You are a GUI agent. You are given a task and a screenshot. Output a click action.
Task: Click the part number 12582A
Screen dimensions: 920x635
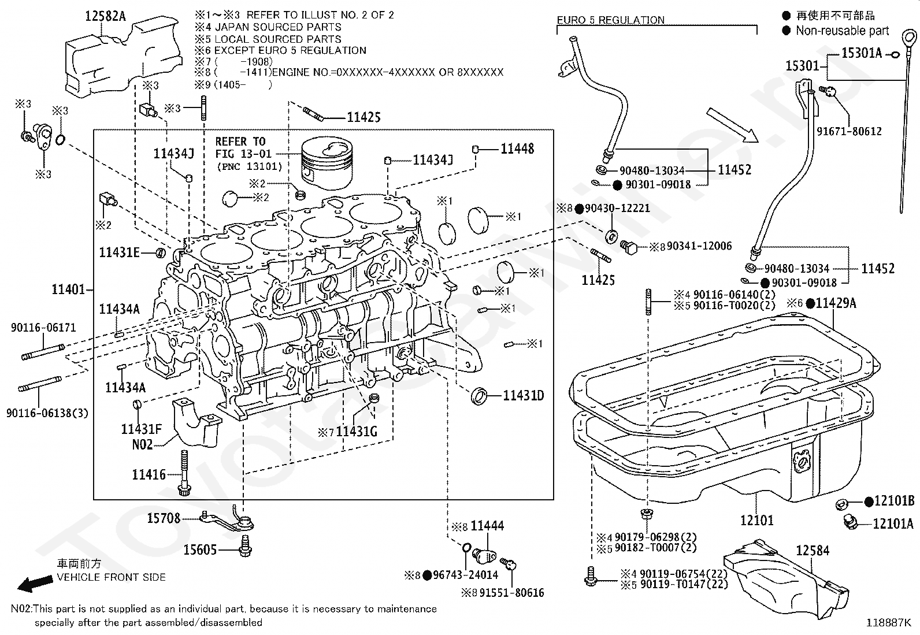pyautogui.click(x=105, y=16)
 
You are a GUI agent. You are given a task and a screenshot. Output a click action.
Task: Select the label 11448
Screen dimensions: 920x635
pyautogui.click(x=517, y=148)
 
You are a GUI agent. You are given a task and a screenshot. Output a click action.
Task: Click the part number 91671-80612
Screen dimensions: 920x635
pyautogui.click(x=849, y=131)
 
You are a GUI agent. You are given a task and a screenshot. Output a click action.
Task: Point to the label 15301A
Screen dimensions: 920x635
pyautogui.click(x=862, y=53)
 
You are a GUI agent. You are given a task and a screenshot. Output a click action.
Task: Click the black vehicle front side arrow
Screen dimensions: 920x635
pyautogui.click(x=35, y=584)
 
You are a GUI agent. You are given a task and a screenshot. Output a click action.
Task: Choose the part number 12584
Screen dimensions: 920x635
pyautogui.click(x=813, y=551)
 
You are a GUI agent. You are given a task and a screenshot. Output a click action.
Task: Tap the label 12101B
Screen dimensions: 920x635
pyautogui.click(x=894, y=501)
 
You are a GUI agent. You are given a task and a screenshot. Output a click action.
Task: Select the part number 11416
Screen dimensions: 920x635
pyautogui.click(x=149, y=475)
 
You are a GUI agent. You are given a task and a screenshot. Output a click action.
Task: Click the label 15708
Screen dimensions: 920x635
pyautogui.click(x=164, y=518)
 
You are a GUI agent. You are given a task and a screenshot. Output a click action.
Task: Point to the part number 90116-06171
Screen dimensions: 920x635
pyautogui.click(x=43, y=328)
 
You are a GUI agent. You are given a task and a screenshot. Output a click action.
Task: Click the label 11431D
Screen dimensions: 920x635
pyautogui.click(x=523, y=396)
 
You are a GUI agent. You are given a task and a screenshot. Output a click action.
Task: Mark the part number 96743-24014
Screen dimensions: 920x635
pyautogui.click(x=465, y=575)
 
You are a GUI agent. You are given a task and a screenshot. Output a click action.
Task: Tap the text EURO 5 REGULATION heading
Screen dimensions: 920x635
pyautogui.click(x=610, y=20)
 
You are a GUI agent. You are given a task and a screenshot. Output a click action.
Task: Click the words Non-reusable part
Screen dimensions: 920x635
pyautogui.click(x=842, y=31)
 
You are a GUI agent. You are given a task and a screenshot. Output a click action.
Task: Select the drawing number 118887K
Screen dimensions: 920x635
pyautogui.click(x=888, y=623)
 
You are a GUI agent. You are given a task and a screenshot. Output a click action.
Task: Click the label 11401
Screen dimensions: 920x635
pyautogui.click(x=68, y=289)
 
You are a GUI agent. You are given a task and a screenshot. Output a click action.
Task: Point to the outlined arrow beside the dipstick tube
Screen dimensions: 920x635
pyautogui.click(x=732, y=125)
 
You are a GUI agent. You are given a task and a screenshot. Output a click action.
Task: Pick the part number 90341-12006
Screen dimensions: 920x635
pyautogui.click(x=699, y=246)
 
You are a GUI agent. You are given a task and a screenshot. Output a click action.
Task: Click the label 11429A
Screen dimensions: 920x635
pyautogui.click(x=836, y=303)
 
